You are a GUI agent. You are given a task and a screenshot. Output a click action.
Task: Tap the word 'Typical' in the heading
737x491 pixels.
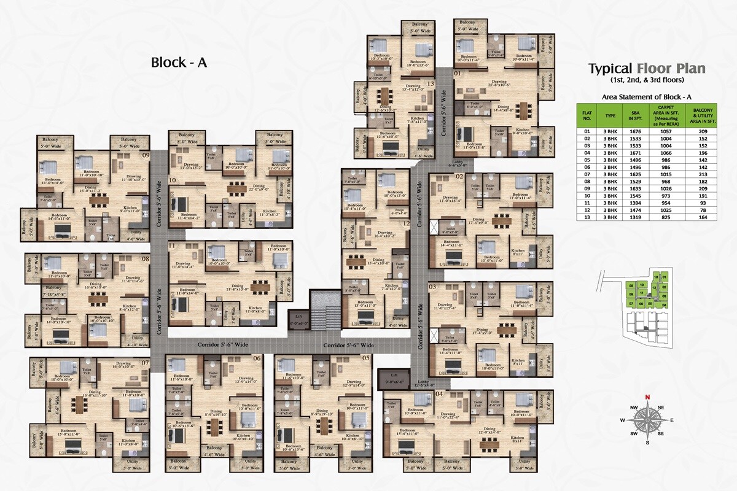[x=610, y=69]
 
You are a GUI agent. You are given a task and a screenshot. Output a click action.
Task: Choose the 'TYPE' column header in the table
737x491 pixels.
[x=610, y=115]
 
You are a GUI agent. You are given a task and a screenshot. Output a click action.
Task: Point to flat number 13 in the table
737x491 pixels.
[x=587, y=234]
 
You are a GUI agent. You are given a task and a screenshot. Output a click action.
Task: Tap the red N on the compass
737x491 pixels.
[x=647, y=396]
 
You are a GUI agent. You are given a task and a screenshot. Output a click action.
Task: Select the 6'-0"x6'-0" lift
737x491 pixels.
[x=298, y=320]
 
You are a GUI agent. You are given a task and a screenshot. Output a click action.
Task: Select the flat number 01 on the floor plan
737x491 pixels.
[x=457, y=74]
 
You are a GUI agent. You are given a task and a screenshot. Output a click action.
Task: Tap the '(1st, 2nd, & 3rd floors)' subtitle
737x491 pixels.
[x=647, y=80]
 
